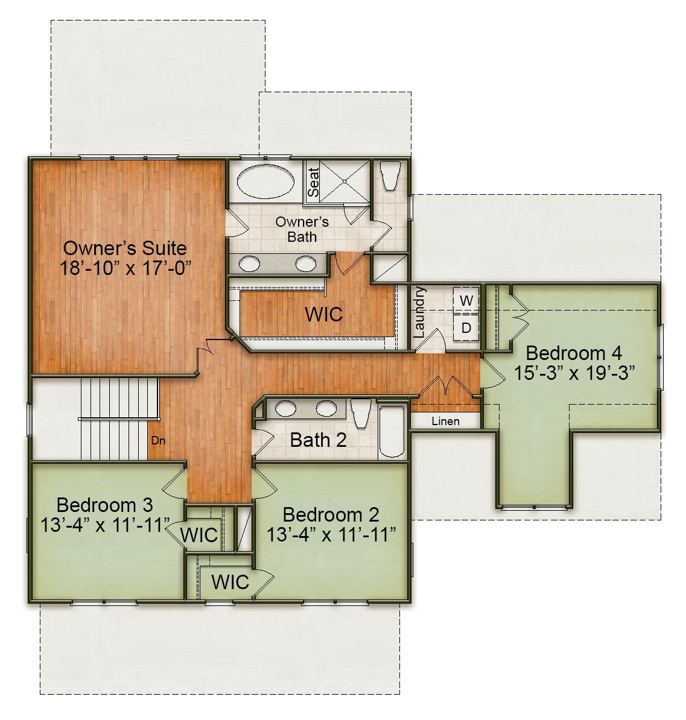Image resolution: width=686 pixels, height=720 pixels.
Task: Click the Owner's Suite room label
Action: click(125, 248)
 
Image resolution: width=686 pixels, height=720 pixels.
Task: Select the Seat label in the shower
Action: click(313, 181)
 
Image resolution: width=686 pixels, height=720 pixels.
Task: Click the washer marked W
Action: click(466, 300)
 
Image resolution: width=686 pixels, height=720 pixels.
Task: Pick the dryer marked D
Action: click(466, 328)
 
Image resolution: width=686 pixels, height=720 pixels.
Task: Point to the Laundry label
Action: click(420, 312)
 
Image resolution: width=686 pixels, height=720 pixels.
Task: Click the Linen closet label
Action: click(445, 422)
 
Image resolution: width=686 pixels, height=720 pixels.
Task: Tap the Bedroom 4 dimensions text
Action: click(574, 373)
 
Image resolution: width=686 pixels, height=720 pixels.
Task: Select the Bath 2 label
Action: click(318, 440)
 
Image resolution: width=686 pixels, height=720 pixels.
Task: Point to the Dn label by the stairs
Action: click(157, 441)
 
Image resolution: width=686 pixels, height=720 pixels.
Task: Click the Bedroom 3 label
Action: click(104, 504)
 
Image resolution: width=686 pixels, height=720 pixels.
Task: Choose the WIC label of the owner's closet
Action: click(323, 314)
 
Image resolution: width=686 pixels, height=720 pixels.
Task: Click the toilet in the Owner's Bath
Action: click(390, 174)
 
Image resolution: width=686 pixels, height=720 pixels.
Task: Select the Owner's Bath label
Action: click(302, 229)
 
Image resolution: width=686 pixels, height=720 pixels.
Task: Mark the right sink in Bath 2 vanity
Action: click(326, 408)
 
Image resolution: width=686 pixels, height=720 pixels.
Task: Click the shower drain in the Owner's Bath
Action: click(343, 180)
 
